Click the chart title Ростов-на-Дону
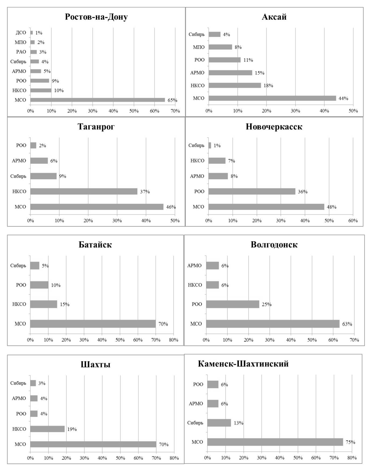pyautogui.click(x=96, y=17)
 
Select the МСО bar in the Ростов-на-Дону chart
pyautogui.click(x=98, y=100)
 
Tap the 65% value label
pyautogui.click(x=173, y=100)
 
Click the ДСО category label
pyautogui.click(x=21, y=33)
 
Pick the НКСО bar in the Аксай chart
pyautogui.click(x=235, y=85)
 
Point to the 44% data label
pyautogui.click(x=343, y=98)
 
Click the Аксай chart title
pyautogui.click(x=274, y=17)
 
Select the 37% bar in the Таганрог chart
pyautogui.click(x=84, y=191)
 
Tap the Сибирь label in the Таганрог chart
pyautogui.click(x=18, y=176)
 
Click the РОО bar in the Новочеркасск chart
pyautogui.click(x=252, y=191)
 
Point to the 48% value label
pyautogui.click(x=332, y=207)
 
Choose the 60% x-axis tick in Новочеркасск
pyautogui.click(x=353, y=221)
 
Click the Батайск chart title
pyautogui.click(x=95, y=244)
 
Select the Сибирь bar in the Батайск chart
pyautogui.click(x=35, y=265)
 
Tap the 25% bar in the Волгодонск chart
pyautogui.click(x=233, y=304)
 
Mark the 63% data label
pyautogui.click(x=347, y=324)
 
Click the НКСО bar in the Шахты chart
pyautogui.click(x=47, y=429)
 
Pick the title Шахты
pyautogui.click(x=96, y=364)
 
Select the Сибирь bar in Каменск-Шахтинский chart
pyautogui.click(x=219, y=423)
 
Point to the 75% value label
pyautogui.click(x=350, y=442)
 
